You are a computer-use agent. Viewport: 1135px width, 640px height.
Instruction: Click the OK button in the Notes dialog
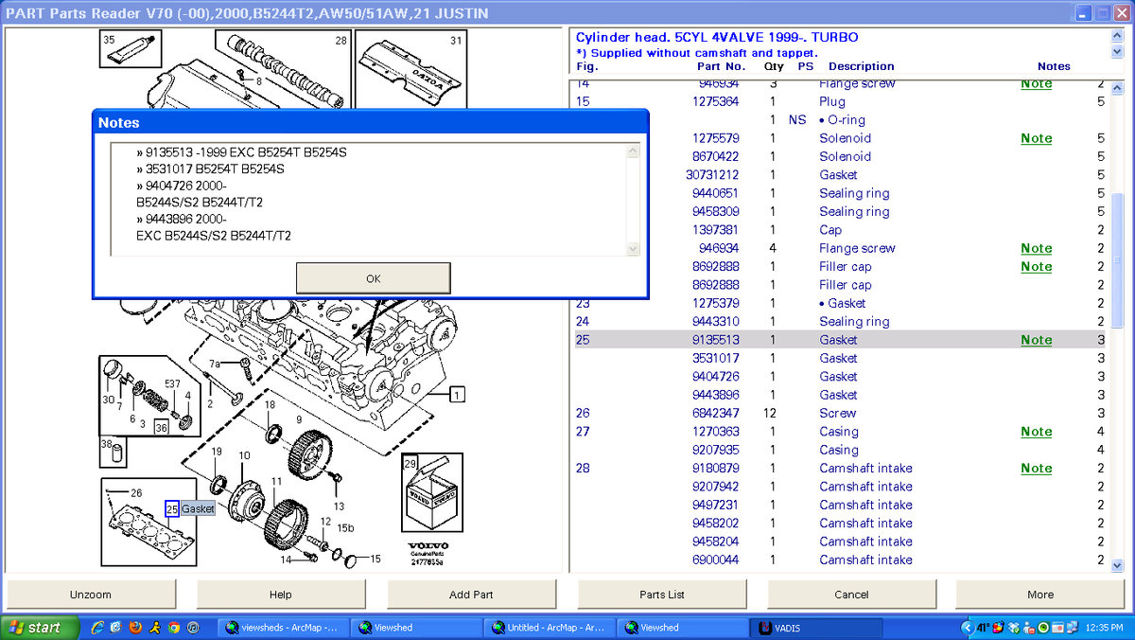373,278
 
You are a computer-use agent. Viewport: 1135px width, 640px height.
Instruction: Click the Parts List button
662,595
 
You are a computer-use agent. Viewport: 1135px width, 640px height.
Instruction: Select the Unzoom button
91,595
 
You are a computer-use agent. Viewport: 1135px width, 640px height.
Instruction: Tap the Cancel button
851,595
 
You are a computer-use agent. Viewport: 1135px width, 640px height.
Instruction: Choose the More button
1040,595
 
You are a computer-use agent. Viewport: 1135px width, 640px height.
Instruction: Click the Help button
281,595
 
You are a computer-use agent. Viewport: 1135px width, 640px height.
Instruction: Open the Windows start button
34,628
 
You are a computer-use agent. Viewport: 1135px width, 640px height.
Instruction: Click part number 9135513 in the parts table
715,340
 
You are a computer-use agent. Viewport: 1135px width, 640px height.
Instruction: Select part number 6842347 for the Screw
715,413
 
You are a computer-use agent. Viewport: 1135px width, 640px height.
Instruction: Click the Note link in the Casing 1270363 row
1036,432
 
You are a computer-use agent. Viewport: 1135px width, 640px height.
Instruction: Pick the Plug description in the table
832,101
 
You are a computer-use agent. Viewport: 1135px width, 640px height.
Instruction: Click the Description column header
861,66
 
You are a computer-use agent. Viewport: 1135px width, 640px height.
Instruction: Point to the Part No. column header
721,66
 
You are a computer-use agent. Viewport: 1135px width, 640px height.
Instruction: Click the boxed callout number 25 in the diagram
171,508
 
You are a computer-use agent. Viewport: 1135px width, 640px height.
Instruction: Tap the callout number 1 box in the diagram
458,395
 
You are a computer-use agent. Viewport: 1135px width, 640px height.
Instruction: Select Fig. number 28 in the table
583,468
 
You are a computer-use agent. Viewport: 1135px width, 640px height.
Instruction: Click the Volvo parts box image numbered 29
431,494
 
